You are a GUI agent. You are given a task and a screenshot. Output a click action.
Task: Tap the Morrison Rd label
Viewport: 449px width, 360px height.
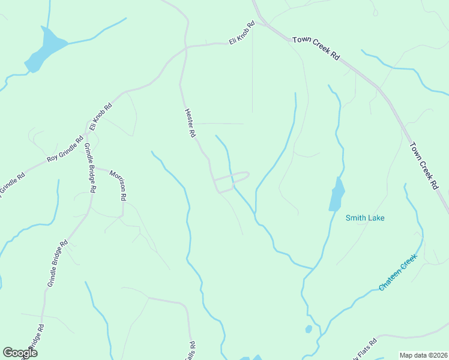tap(118, 185)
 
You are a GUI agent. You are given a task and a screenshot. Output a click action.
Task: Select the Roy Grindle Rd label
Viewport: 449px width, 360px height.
tap(65, 152)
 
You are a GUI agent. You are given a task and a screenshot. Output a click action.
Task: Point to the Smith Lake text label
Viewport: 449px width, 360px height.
tap(365, 218)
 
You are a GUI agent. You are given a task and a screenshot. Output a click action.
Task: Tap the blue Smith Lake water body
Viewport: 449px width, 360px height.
tap(337, 196)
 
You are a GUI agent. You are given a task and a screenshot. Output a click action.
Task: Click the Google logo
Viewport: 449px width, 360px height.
tap(20, 353)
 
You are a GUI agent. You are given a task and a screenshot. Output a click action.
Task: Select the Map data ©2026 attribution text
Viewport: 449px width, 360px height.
tap(423, 355)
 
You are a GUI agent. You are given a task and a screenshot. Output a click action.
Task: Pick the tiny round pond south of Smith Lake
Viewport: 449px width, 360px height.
tap(309, 329)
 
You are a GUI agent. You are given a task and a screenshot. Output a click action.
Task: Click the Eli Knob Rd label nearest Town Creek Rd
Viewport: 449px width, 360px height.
tap(242, 34)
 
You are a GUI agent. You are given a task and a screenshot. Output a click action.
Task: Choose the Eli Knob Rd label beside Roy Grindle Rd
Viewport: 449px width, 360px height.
tap(100, 116)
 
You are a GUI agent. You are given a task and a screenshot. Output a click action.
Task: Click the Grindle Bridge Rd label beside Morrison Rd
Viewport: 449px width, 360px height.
tap(90, 167)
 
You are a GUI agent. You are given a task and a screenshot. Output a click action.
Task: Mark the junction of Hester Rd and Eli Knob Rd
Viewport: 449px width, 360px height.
tap(186, 47)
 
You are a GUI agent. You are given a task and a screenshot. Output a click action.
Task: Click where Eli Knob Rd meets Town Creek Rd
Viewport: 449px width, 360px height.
tap(262, 24)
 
